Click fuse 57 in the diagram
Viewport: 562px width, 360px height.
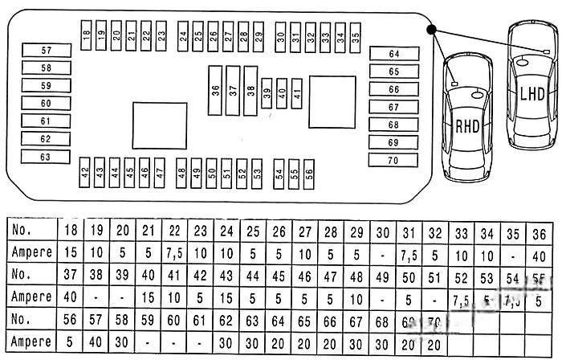click(x=46, y=50)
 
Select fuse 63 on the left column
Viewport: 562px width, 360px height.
click(x=46, y=157)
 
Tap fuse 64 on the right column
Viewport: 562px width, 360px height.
click(x=393, y=54)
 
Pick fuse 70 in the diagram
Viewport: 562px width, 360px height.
click(x=393, y=160)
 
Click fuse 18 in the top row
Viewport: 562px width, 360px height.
click(x=86, y=35)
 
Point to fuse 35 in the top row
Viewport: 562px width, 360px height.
click(x=356, y=35)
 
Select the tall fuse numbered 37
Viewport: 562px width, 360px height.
click(x=234, y=92)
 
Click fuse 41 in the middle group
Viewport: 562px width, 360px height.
click(x=297, y=93)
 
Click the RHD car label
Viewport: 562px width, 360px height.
click(x=466, y=125)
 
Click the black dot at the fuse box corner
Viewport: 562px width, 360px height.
click(x=432, y=30)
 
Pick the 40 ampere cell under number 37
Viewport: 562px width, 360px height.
click(x=71, y=297)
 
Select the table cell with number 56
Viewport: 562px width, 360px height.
click(x=71, y=318)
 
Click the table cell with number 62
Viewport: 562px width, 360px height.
click(x=227, y=318)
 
